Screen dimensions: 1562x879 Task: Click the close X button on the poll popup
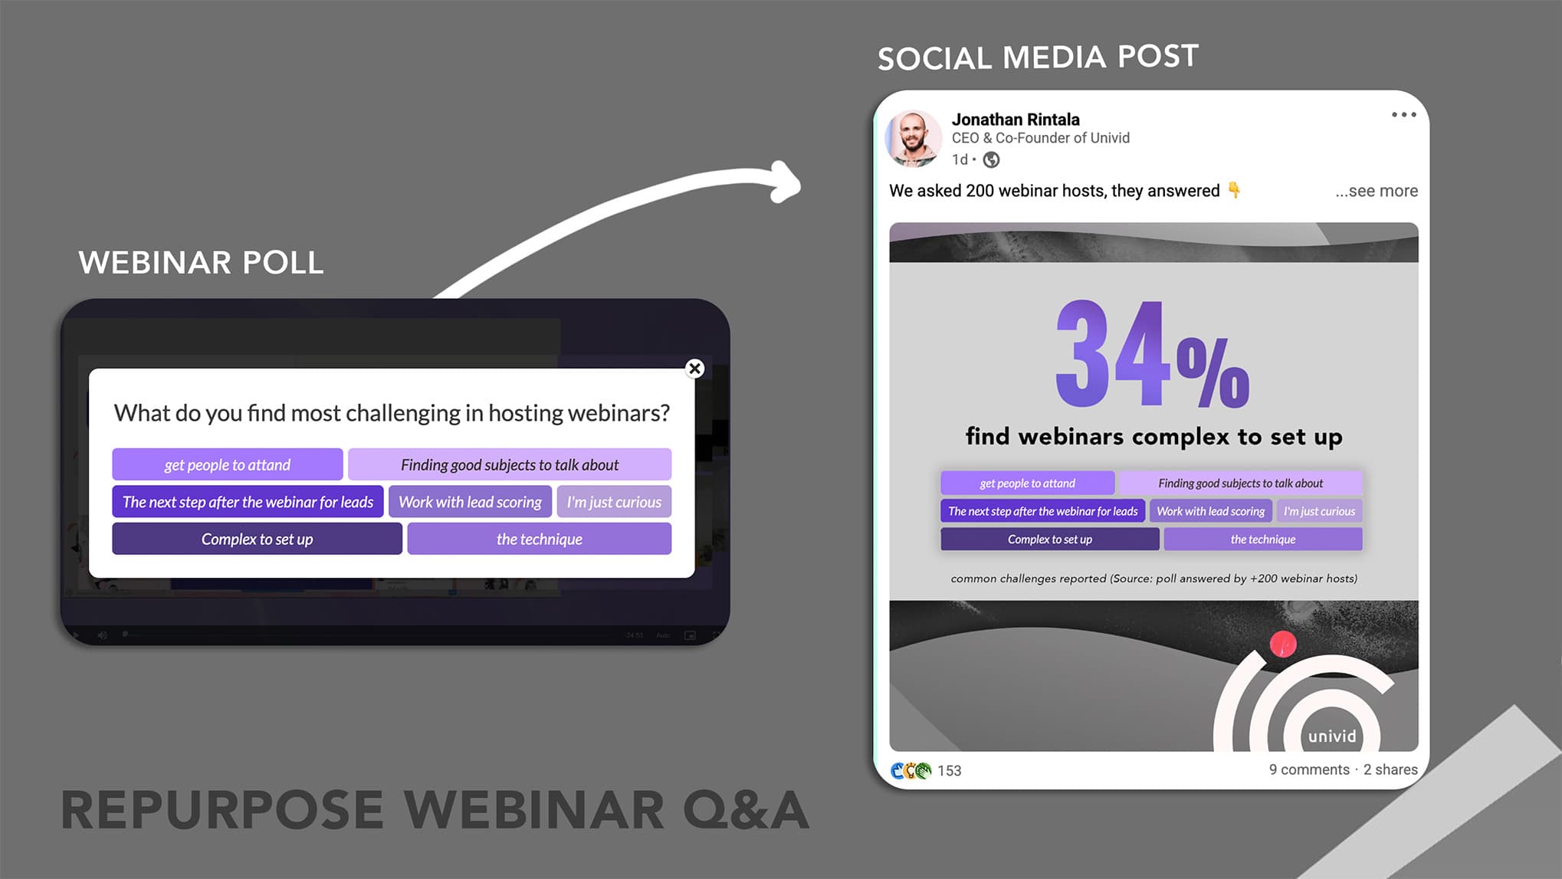pyautogui.click(x=694, y=369)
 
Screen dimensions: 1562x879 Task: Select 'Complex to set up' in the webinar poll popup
pyautogui.click(x=257, y=539)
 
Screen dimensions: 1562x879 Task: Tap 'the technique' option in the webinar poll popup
pyautogui.click(x=539, y=539)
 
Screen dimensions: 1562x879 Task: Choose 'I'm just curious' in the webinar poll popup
pyautogui.click(x=614, y=502)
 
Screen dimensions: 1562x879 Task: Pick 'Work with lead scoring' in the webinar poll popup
pyautogui.click(x=470, y=502)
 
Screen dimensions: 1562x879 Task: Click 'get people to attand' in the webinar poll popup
pyautogui.click(x=228, y=464)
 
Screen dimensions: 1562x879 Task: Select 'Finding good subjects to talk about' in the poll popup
pyautogui.click(x=510, y=464)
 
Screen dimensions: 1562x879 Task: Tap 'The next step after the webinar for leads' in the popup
pyautogui.click(x=248, y=502)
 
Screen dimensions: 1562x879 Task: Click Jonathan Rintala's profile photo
pyautogui.click(x=914, y=139)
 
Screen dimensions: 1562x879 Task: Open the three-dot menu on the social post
pyautogui.click(x=1404, y=115)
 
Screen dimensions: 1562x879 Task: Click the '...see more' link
pyautogui.click(x=1377, y=191)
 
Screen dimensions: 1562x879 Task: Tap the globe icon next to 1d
pyautogui.click(x=991, y=159)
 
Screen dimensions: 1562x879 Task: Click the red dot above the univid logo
pyautogui.click(x=1283, y=644)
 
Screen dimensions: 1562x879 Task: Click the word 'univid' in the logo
pyautogui.click(x=1332, y=736)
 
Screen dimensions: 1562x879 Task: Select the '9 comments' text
pyautogui.click(x=1309, y=769)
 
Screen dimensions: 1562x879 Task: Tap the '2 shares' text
pyautogui.click(x=1390, y=769)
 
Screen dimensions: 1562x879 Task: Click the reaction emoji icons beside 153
pyautogui.click(x=911, y=770)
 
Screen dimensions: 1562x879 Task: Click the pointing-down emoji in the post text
pyautogui.click(x=1234, y=189)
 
